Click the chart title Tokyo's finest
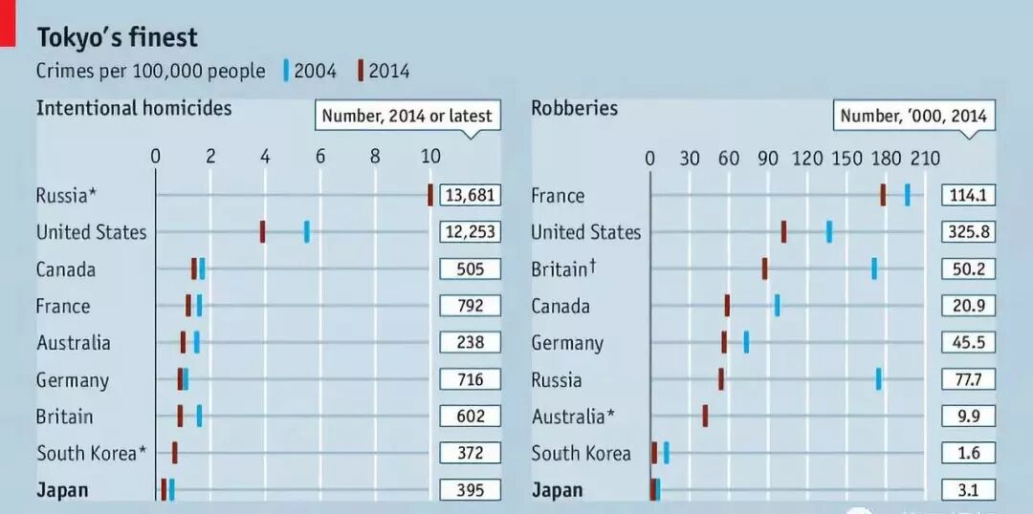coord(117,37)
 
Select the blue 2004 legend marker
coord(286,71)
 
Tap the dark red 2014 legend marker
coord(361,71)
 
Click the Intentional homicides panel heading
coord(134,107)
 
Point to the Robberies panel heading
coord(575,107)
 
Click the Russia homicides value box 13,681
coord(471,195)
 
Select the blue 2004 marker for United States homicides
coord(307,231)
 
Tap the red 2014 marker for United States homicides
coord(262,231)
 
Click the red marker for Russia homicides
coord(430,195)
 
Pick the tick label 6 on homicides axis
coord(320,157)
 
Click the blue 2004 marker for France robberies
coord(907,195)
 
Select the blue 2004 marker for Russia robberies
coord(878,379)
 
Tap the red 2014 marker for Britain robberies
coord(764,268)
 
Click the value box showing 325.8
coord(968,231)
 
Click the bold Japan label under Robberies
coord(557,490)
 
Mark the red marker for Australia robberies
coord(705,416)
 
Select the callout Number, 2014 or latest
coord(407,116)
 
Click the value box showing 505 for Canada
coord(471,268)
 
